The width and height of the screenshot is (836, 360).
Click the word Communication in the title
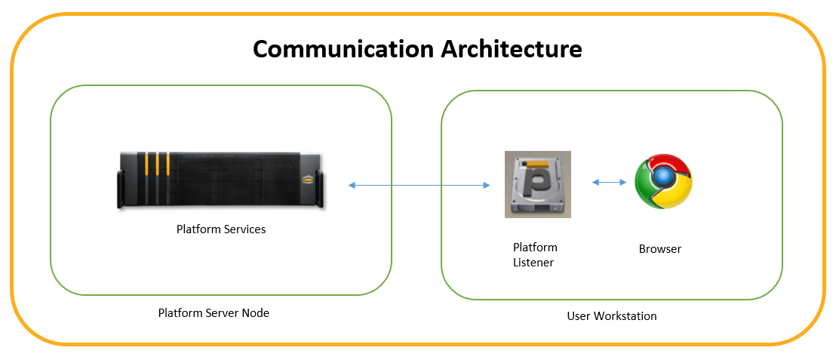343,49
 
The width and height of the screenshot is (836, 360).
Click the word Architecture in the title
512,48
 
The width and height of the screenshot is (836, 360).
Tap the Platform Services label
221,229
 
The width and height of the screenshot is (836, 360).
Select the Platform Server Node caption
214,313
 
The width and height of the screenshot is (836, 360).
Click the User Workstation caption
612,315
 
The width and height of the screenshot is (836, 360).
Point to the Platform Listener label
535,255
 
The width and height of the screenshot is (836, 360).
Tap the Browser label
660,249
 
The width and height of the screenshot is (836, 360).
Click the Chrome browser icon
663,181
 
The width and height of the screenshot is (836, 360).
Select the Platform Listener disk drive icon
538,184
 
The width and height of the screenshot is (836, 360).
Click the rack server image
221,180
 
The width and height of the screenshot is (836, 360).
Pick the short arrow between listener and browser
610,183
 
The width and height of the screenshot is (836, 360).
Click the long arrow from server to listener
419,185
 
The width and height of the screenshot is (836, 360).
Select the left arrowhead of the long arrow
352,185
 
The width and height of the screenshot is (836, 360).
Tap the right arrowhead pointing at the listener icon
486,185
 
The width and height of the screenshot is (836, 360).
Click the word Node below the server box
257,313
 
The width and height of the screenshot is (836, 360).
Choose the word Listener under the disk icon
533,262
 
